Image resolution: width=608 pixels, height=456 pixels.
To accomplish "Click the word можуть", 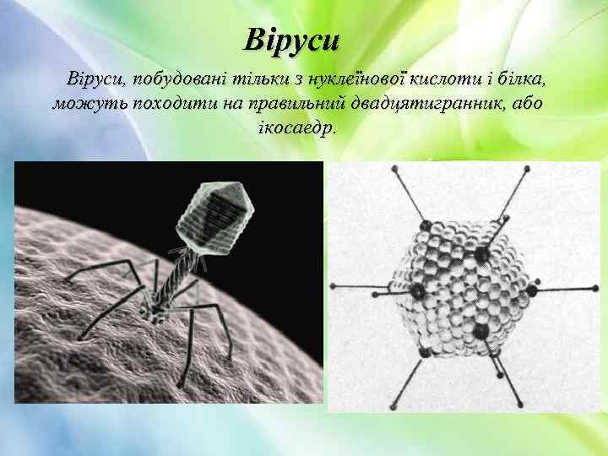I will tap(85, 105).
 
